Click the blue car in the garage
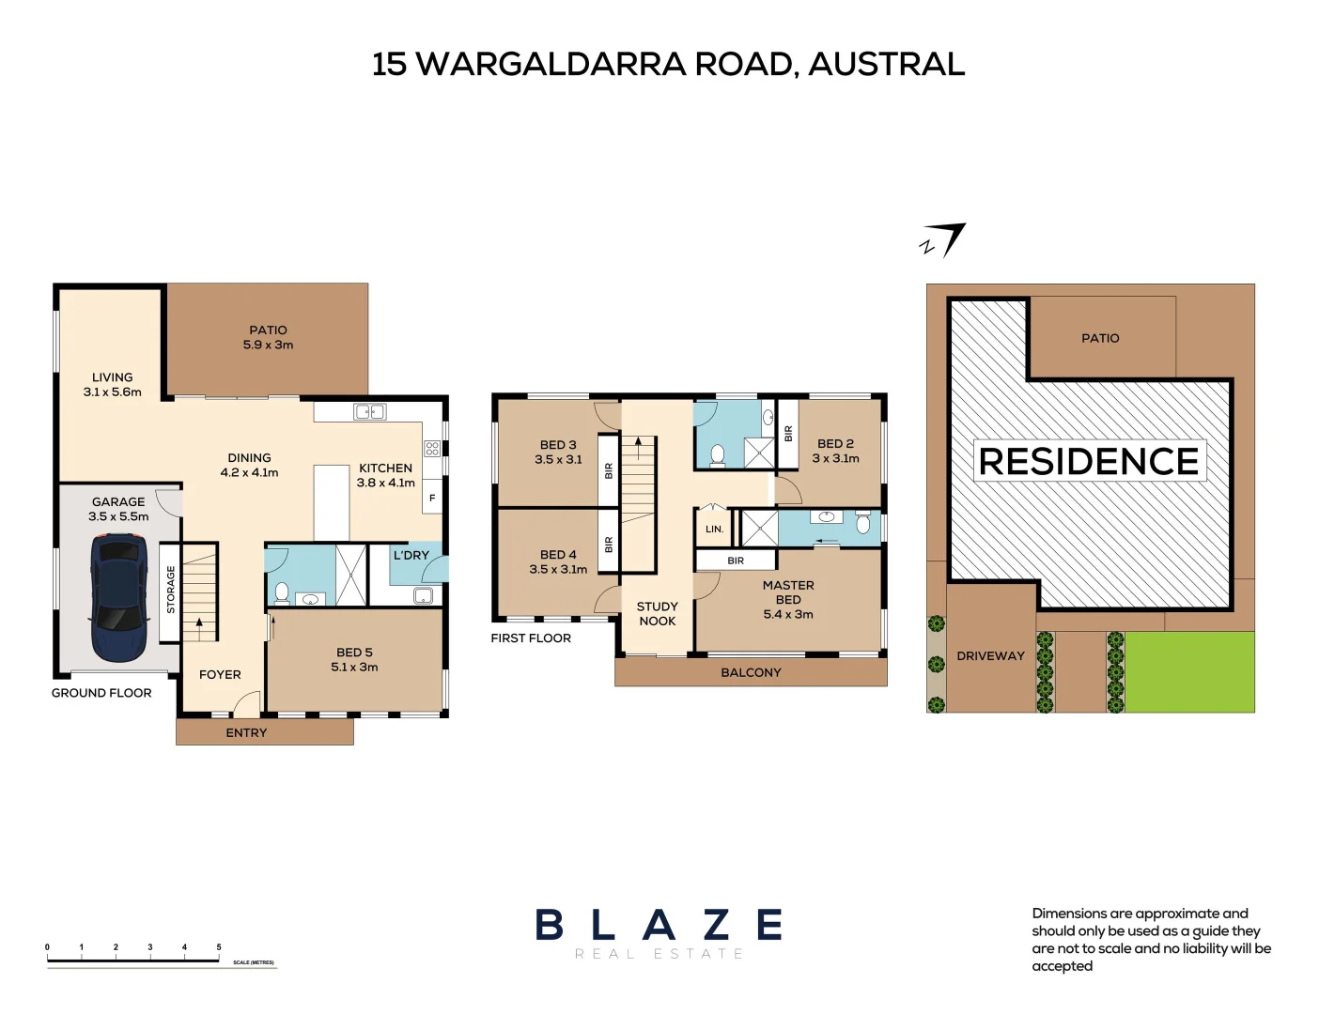pyautogui.click(x=119, y=597)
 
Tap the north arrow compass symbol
pyautogui.click(x=942, y=240)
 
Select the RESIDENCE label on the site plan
pyautogui.click(x=1089, y=461)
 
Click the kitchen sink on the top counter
pyautogui.click(x=369, y=412)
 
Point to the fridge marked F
pyautogui.click(x=432, y=498)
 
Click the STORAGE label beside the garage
pyautogui.click(x=171, y=589)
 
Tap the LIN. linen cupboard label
pyautogui.click(x=714, y=529)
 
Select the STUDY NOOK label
pyautogui.click(x=658, y=614)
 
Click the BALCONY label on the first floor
pyautogui.click(x=751, y=672)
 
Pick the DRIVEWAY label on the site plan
pyautogui.click(x=990, y=655)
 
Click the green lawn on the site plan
pyautogui.click(x=1189, y=672)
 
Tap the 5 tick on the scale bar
pyautogui.click(x=219, y=946)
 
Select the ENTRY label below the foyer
pyautogui.click(x=246, y=732)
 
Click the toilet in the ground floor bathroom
pyautogui.click(x=282, y=593)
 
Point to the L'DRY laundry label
pyautogui.click(x=411, y=555)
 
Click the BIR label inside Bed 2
pyautogui.click(x=788, y=434)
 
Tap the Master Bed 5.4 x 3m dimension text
pyautogui.click(x=788, y=614)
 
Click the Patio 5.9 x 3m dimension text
pyautogui.click(x=268, y=345)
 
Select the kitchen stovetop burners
pyautogui.click(x=432, y=448)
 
